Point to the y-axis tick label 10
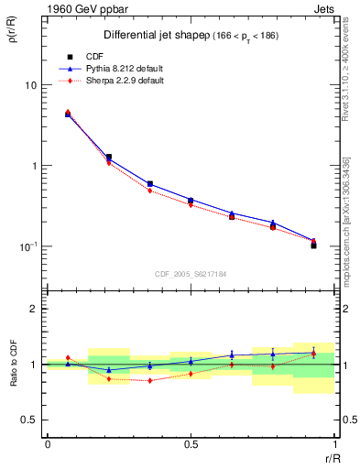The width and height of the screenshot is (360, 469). [x=31, y=85]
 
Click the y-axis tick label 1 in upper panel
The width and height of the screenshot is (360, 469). [x=35, y=166]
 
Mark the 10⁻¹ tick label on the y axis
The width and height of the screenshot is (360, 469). [x=29, y=246]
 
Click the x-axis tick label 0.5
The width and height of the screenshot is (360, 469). [x=191, y=444]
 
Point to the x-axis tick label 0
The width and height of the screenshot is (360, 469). [x=47, y=444]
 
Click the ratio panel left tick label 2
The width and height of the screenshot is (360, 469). [x=35, y=310]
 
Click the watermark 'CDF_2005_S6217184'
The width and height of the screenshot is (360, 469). [x=191, y=273]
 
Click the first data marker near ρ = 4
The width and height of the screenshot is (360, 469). [x=68, y=114]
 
